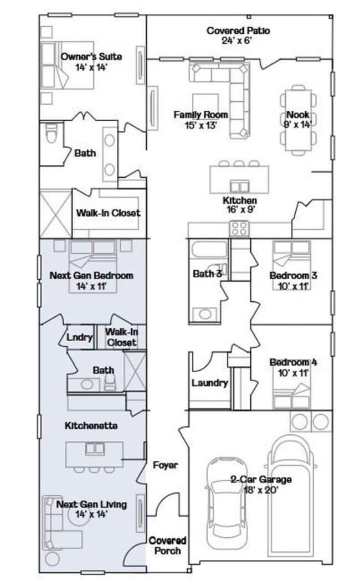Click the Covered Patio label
pyautogui.click(x=238, y=30)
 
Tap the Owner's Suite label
pyautogui.click(x=91, y=56)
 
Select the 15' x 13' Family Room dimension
pyautogui.click(x=201, y=125)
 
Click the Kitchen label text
pyautogui.click(x=239, y=200)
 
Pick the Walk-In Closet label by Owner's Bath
pyautogui.click(x=108, y=213)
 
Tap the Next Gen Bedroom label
pyautogui.click(x=91, y=275)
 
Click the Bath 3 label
pyautogui.click(x=207, y=274)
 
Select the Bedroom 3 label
pyautogui.click(x=293, y=275)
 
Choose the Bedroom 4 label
pyautogui.click(x=293, y=363)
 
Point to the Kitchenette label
pyautogui.click(x=91, y=426)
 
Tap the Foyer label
pyautogui.click(x=165, y=465)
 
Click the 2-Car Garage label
pyautogui.click(x=261, y=480)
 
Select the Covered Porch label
pyautogui.click(x=167, y=545)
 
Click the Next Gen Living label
pyautogui.click(x=91, y=504)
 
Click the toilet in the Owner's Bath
pyautogui.click(x=52, y=133)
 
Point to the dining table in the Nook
pyautogui.click(x=299, y=120)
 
